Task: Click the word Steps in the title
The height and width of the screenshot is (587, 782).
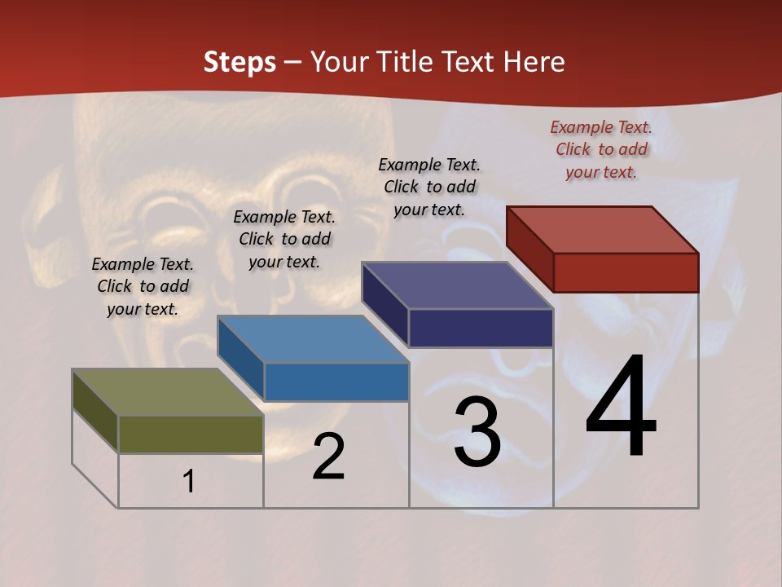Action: [x=239, y=63]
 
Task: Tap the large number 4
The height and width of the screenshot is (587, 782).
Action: [x=621, y=407]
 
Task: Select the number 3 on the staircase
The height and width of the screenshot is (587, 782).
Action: [x=477, y=433]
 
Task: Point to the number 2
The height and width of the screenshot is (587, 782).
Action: [x=329, y=457]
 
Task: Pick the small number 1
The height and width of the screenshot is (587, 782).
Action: [x=189, y=482]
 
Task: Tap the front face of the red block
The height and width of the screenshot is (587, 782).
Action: [x=626, y=272]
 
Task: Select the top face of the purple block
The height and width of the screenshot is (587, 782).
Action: [x=458, y=285]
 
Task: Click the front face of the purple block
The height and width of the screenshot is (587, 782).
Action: [x=481, y=328]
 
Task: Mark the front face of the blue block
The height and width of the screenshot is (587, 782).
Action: [x=336, y=382]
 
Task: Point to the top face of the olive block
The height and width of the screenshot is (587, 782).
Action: [x=168, y=392]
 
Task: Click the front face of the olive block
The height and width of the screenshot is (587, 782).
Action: [x=191, y=434]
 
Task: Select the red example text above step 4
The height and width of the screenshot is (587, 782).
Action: [x=601, y=149]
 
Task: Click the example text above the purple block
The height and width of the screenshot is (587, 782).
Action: [x=429, y=187]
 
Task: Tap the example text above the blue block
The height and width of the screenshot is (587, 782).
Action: [x=284, y=239]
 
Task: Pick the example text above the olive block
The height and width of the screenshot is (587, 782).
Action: [x=143, y=286]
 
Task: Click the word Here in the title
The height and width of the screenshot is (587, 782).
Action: [x=534, y=63]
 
